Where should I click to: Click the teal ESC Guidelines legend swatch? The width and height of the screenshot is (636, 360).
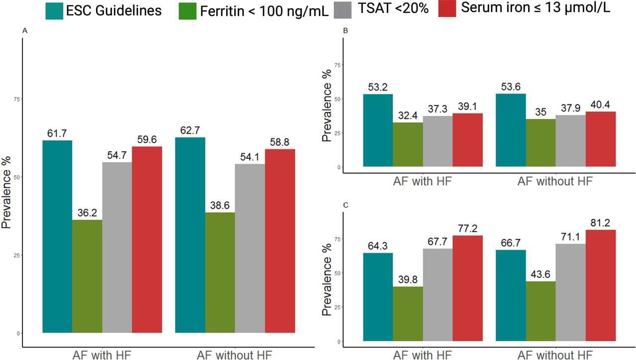pyautogui.click(x=57, y=10)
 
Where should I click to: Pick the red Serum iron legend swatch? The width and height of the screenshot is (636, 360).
pyautogui.click(x=447, y=9)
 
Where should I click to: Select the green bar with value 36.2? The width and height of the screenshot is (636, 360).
pyautogui.click(x=87, y=276)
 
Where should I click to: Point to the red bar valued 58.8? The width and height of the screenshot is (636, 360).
pyautogui.click(x=279, y=241)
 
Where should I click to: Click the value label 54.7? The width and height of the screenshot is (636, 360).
pyautogui.click(x=117, y=156)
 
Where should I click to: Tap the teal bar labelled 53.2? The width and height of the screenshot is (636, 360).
pyautogui.click(x=377, y=130)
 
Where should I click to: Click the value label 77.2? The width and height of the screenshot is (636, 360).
pyautogui.click(x=467, y=229)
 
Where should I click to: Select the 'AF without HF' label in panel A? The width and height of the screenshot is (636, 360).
pyautogui.click(x=234, y=355)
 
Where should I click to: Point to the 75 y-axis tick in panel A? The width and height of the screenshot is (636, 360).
pyautogui.click(x=17, y=99)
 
